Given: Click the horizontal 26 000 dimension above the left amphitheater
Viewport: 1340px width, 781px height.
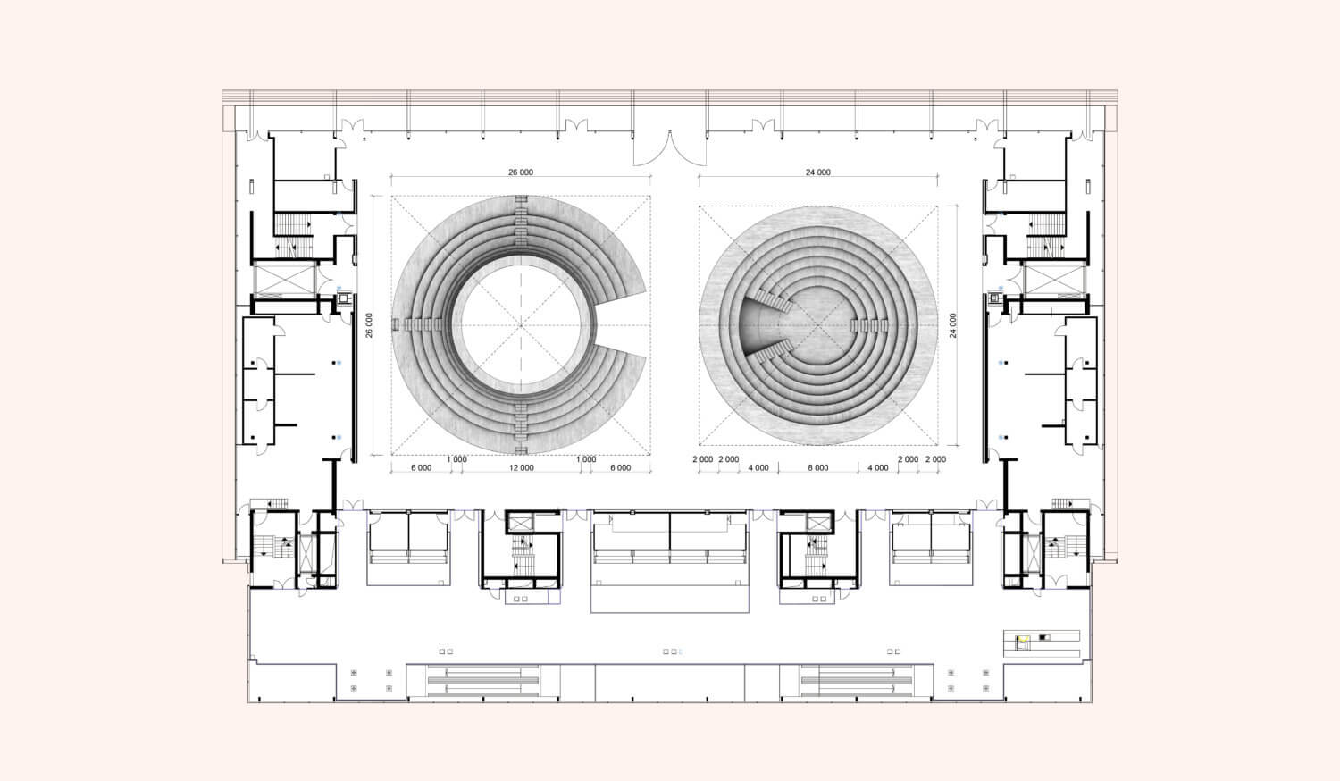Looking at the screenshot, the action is tap(521, 172).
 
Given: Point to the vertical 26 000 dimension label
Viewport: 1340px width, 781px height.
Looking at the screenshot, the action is tap(368, 325).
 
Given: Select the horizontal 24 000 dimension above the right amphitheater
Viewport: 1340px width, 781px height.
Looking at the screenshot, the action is tap(817, 172).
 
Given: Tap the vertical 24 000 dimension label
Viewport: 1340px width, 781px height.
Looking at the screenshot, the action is tap(953, 325).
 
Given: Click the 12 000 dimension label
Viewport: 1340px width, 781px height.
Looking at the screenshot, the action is tap(522, 468).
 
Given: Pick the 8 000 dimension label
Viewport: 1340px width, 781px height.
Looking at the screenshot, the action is tap(818, 468).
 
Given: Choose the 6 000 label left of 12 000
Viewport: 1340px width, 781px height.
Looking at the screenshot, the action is tap(421, 468).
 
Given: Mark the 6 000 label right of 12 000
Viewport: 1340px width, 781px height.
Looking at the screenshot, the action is tap(620, 468).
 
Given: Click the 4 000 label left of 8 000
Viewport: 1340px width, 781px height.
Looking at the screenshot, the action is tap(758, 468).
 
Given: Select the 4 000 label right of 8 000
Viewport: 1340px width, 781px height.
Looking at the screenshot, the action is tap(877, 468).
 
